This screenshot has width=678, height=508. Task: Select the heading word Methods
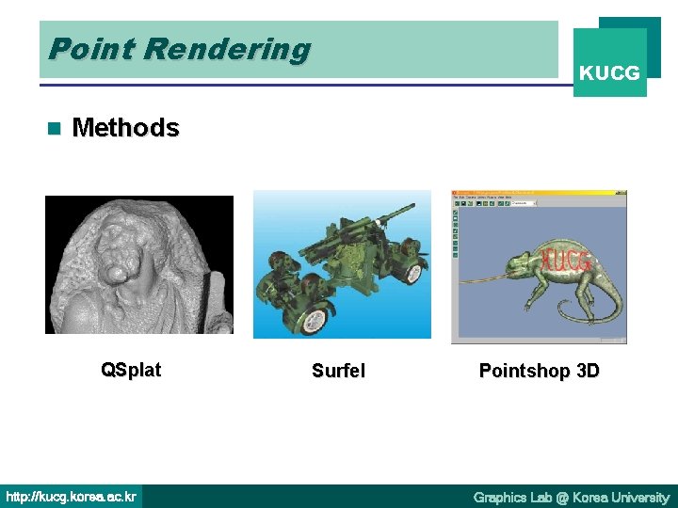(x=125, y=128)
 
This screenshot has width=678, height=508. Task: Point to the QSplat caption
(x=131, y=370)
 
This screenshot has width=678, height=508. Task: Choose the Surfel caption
(x=338, y=372)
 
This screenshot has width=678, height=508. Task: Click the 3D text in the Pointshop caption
(x=587, y=371)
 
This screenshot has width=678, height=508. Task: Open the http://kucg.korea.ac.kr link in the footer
(x=72, y=497)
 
